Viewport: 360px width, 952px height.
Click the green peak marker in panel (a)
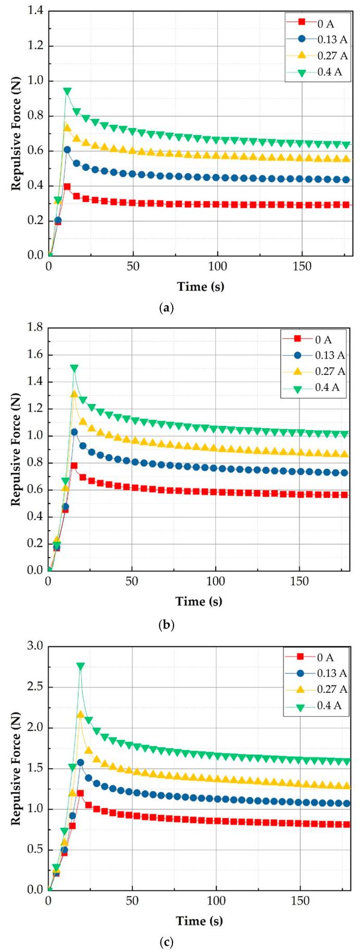67,91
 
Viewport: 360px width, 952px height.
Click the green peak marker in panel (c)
80,666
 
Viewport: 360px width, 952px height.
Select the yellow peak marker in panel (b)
75,394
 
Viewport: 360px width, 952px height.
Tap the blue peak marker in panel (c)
80,762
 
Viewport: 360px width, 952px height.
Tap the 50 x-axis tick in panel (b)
132,581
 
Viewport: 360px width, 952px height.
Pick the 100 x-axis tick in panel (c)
216,900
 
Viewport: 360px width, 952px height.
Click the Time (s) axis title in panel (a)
201,286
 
